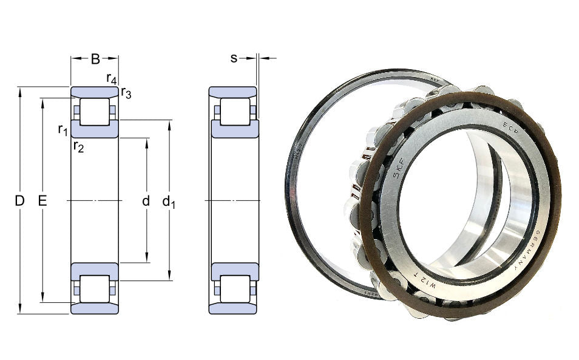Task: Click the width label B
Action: (95, 59)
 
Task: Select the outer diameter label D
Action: (19, 201)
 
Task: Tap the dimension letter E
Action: (42, 201)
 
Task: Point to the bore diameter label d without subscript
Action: (146, 201)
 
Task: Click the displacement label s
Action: (234, 58)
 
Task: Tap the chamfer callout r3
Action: (126, 93)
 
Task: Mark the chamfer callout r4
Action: (111, 78)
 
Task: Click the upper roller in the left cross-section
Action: (95, 112)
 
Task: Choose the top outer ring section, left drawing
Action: (95, 92)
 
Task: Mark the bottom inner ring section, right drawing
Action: (234, 271)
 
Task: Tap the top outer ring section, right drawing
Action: (233, 92)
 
